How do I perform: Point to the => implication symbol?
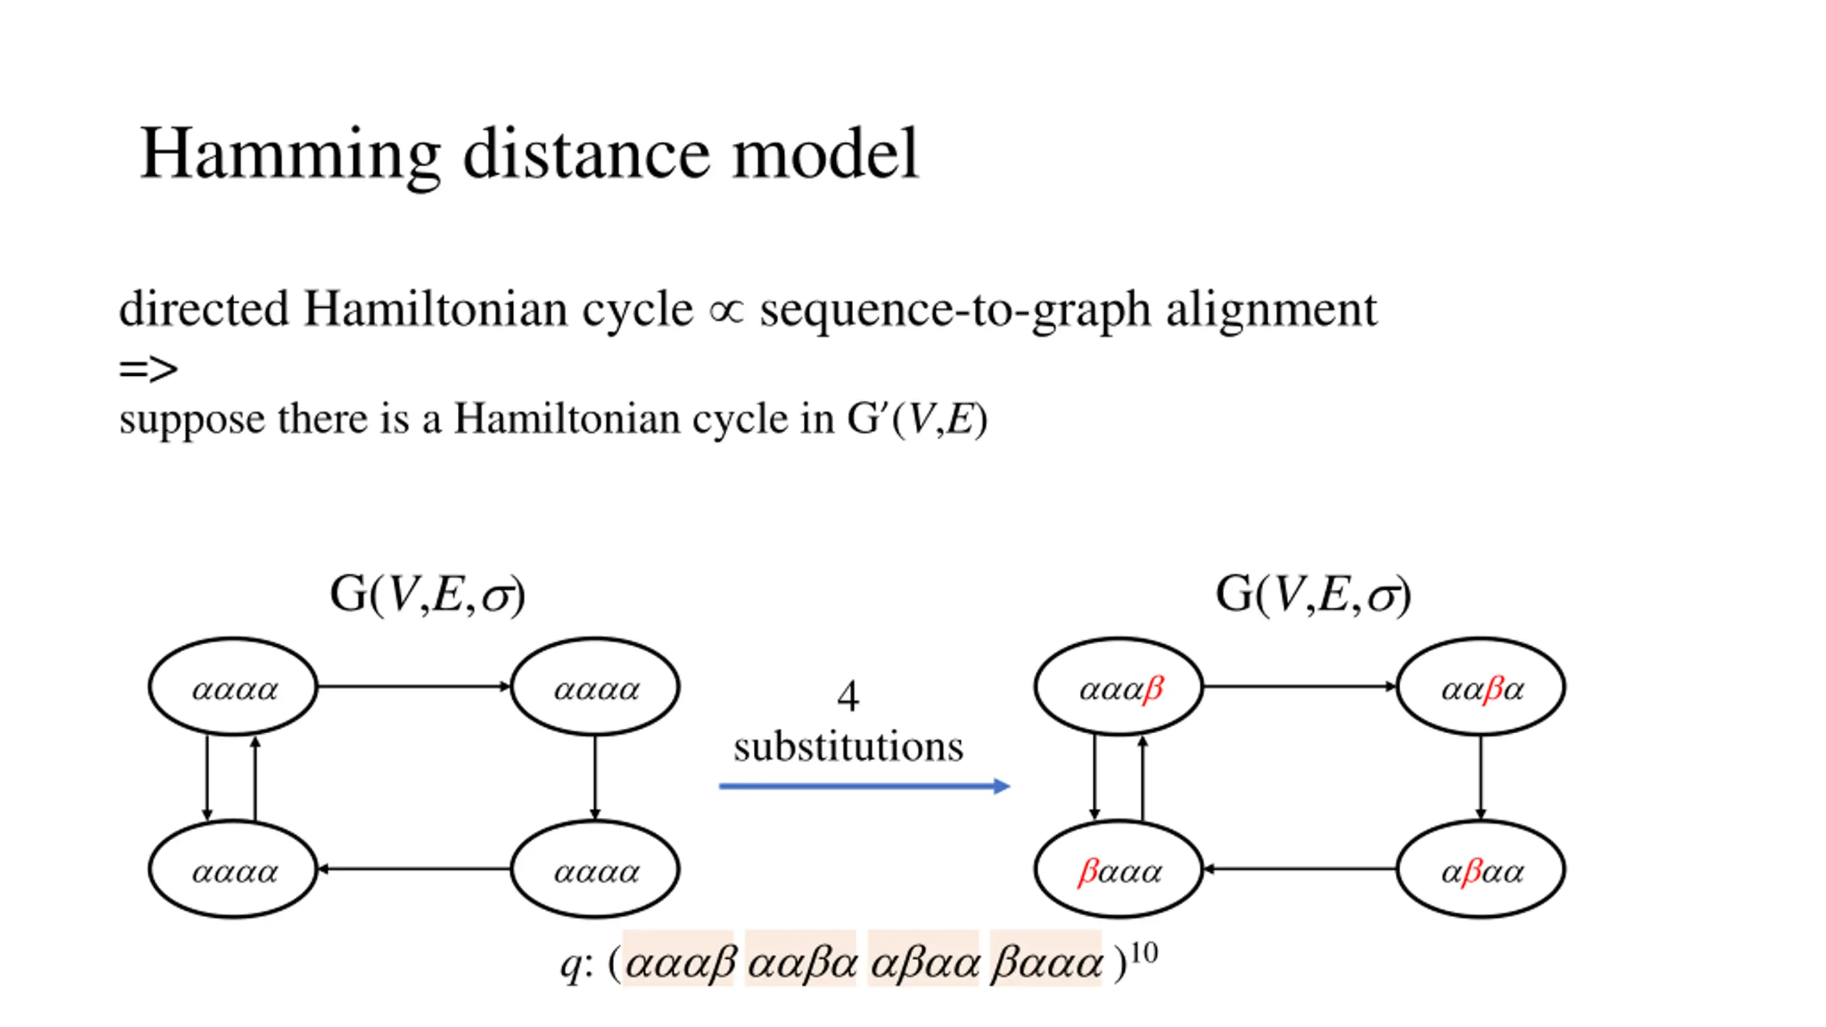pos(148,369)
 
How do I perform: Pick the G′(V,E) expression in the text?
pos(917,419)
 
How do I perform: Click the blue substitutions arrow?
pos(864,786)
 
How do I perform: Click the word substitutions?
pos(848,747)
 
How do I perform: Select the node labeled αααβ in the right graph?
pos(1118,687)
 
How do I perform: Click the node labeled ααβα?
pos(1481,687)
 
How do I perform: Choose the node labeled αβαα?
pos(1481,869)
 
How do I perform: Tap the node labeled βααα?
pos(1118,869)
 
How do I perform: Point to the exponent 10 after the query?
pos(1144,953)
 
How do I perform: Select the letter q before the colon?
pos(571,964)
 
